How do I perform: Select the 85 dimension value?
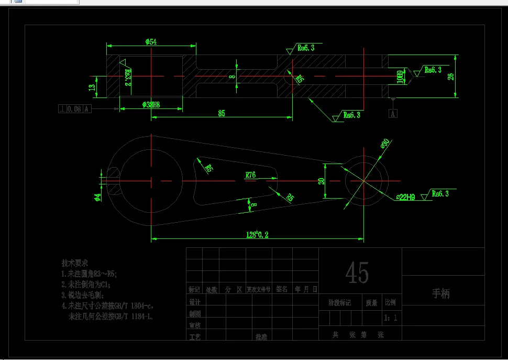[x=222, y=113]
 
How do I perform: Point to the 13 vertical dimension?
[x=92, y=87]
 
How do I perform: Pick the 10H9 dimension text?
[x=401, y=77]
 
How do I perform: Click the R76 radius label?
[x=250, y=176]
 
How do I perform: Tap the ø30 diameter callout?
[x=385, y=143]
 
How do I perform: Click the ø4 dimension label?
[x=97, y=197]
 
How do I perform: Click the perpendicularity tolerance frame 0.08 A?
[x=75, y=108]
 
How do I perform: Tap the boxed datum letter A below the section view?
[x=393, y=113]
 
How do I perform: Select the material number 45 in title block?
[x=357, y=273]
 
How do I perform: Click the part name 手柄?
[x=440, y=293]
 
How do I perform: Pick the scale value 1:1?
[x=390, y=318]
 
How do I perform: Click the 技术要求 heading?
[x=74, y=263]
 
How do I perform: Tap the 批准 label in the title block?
[x=261, y=337]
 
